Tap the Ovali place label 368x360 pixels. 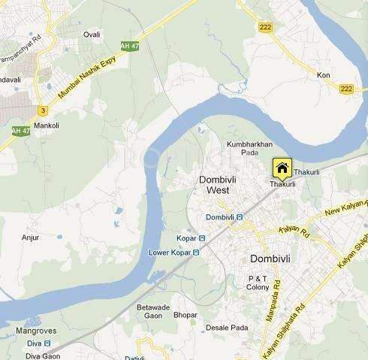(92, 35)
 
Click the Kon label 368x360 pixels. (324, 75)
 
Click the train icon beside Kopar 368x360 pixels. (202, 238)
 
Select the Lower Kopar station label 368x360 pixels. (169, 253)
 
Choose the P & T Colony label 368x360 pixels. (258, 283)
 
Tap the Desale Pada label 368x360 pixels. (227, 328)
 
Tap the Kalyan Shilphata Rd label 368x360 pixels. (284, 331)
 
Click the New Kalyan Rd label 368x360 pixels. (346, 210)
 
